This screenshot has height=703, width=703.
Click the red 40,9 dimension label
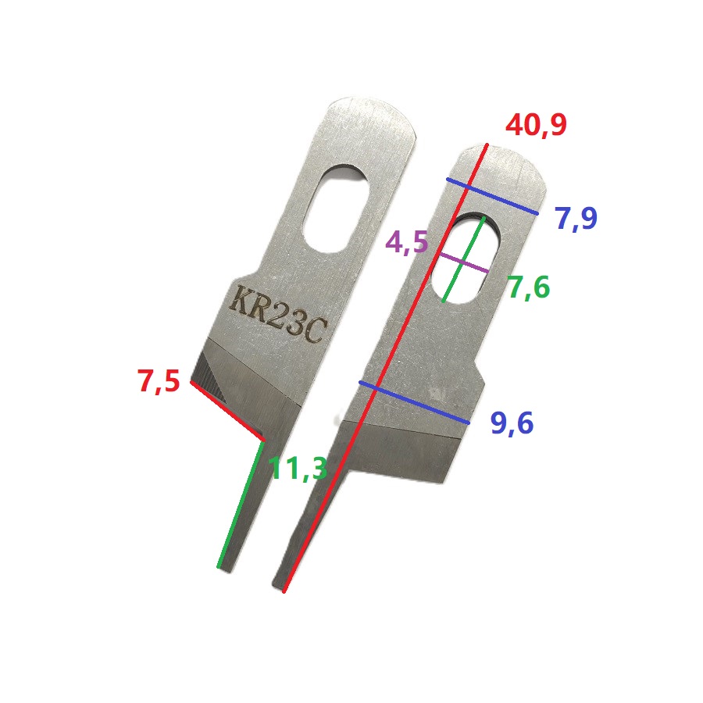coord(536,125)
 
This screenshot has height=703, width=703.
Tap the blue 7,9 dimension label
coord(576,218)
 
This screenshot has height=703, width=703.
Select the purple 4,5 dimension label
coord(407,243)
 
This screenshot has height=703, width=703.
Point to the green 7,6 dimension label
coord(529,287)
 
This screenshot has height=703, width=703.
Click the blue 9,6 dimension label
coord(512,423)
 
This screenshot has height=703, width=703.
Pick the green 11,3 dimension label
coord(299,469)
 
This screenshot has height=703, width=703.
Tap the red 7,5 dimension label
coord(159,381)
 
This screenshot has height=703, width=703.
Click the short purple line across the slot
coord(463,263)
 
